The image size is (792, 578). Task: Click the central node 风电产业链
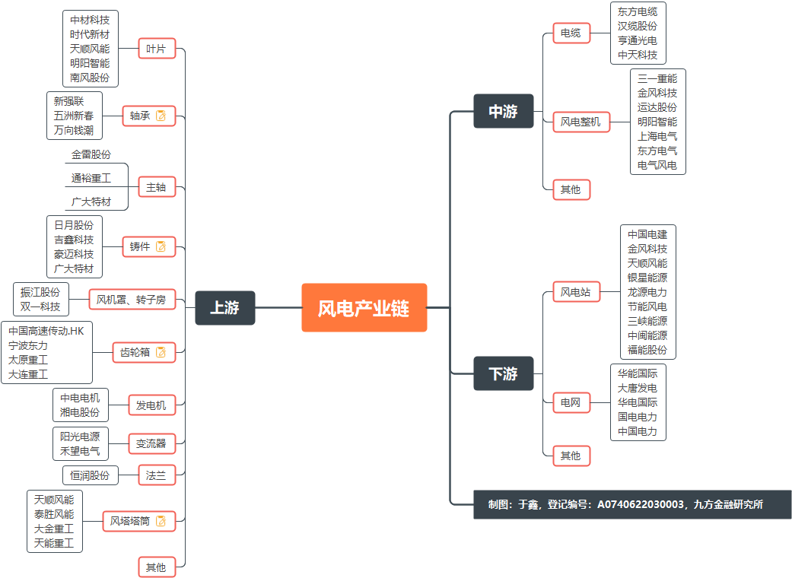(x=364, y=308)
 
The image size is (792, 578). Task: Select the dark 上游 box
(x=224, y=308)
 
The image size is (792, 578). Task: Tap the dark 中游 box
(x=503, y=111)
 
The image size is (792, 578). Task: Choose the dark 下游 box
(x=503, y=373)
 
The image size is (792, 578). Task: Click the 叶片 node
(x=156, y=49)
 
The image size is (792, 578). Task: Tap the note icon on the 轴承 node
(x=161, y=116)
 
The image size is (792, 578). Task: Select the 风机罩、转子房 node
(x=132, y=300)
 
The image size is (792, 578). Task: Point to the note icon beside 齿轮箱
(x=161, y=352)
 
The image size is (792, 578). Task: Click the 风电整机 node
(x=580, y=121)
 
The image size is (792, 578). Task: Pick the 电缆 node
(x=571, y=33)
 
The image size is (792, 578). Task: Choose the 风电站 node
(x=575, y=292)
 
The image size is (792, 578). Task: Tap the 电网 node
(x=571, y=402)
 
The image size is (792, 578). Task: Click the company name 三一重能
(x=657, y=78)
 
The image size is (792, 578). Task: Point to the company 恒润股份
(x=90, y=475)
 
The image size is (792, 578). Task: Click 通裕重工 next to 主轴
(x=91, y=178)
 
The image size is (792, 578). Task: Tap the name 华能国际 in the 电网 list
(x=638, y=373)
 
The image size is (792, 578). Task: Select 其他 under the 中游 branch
(x=571, y=189)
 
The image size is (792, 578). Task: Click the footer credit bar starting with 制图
(x=631, y=504)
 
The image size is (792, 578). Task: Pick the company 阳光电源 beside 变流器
(x=80, y=437)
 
